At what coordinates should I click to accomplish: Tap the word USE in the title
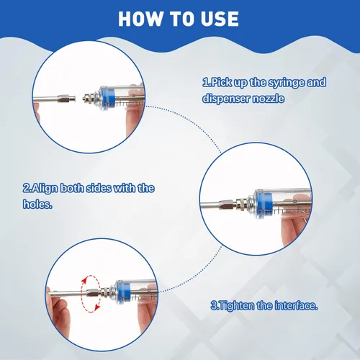coord(220,19)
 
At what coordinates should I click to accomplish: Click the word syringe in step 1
coord(287,84)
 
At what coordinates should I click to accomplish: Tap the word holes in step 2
coord(37,204)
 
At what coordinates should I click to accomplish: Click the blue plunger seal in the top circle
coord(109,99)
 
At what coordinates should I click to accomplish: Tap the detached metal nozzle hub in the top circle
coord(67,98)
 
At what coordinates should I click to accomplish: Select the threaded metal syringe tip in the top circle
coord(89,98)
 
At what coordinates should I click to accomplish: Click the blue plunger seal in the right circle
coord(263,203)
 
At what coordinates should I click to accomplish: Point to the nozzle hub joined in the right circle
coord(228,204)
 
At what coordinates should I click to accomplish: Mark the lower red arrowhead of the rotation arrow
coord(97,307)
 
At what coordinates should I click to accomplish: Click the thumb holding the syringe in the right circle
coord(292,229)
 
